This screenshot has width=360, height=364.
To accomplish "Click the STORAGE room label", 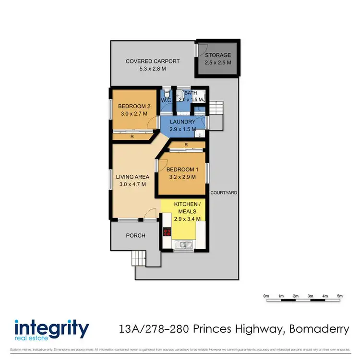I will click(x=218, y=55).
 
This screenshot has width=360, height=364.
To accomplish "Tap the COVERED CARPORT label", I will click(x=153, y=61).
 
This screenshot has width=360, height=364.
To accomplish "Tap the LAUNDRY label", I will click(x=182, y=122).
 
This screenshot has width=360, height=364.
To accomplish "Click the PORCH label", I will click(x=135, y=236).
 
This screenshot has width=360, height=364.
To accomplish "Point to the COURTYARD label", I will click(x=224, y=193).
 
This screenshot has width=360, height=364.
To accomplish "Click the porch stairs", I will click(x=139, y=259).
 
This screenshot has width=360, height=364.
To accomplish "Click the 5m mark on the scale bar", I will click(x=340, y=296).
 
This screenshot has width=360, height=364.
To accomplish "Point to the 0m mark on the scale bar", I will click(x=266, y=296).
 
